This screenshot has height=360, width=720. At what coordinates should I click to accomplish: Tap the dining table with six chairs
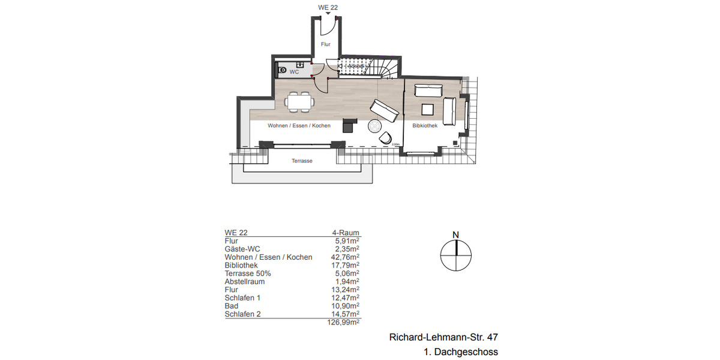point(299,101)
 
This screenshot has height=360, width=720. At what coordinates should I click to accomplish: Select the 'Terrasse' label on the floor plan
point(302,161)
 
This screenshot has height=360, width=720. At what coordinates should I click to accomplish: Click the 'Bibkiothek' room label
point(425,126)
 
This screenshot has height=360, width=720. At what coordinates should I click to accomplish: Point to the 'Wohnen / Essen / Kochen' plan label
point(299,126)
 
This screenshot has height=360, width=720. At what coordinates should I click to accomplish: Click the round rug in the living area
point(375,126)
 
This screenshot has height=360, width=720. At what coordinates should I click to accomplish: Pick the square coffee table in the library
point(428,109)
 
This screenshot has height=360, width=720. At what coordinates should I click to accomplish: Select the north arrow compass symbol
point(456,255)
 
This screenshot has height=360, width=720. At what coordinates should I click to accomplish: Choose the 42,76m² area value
point(345,257)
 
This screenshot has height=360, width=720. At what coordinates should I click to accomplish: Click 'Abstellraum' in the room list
point(244,281)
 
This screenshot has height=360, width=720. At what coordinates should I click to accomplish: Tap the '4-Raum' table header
point(346,233)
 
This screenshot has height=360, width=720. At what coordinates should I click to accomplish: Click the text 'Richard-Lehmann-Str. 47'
point(443,338)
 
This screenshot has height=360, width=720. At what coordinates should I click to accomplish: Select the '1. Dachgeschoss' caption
point(461,352)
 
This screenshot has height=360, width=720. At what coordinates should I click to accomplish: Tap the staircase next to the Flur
point(366,67)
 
